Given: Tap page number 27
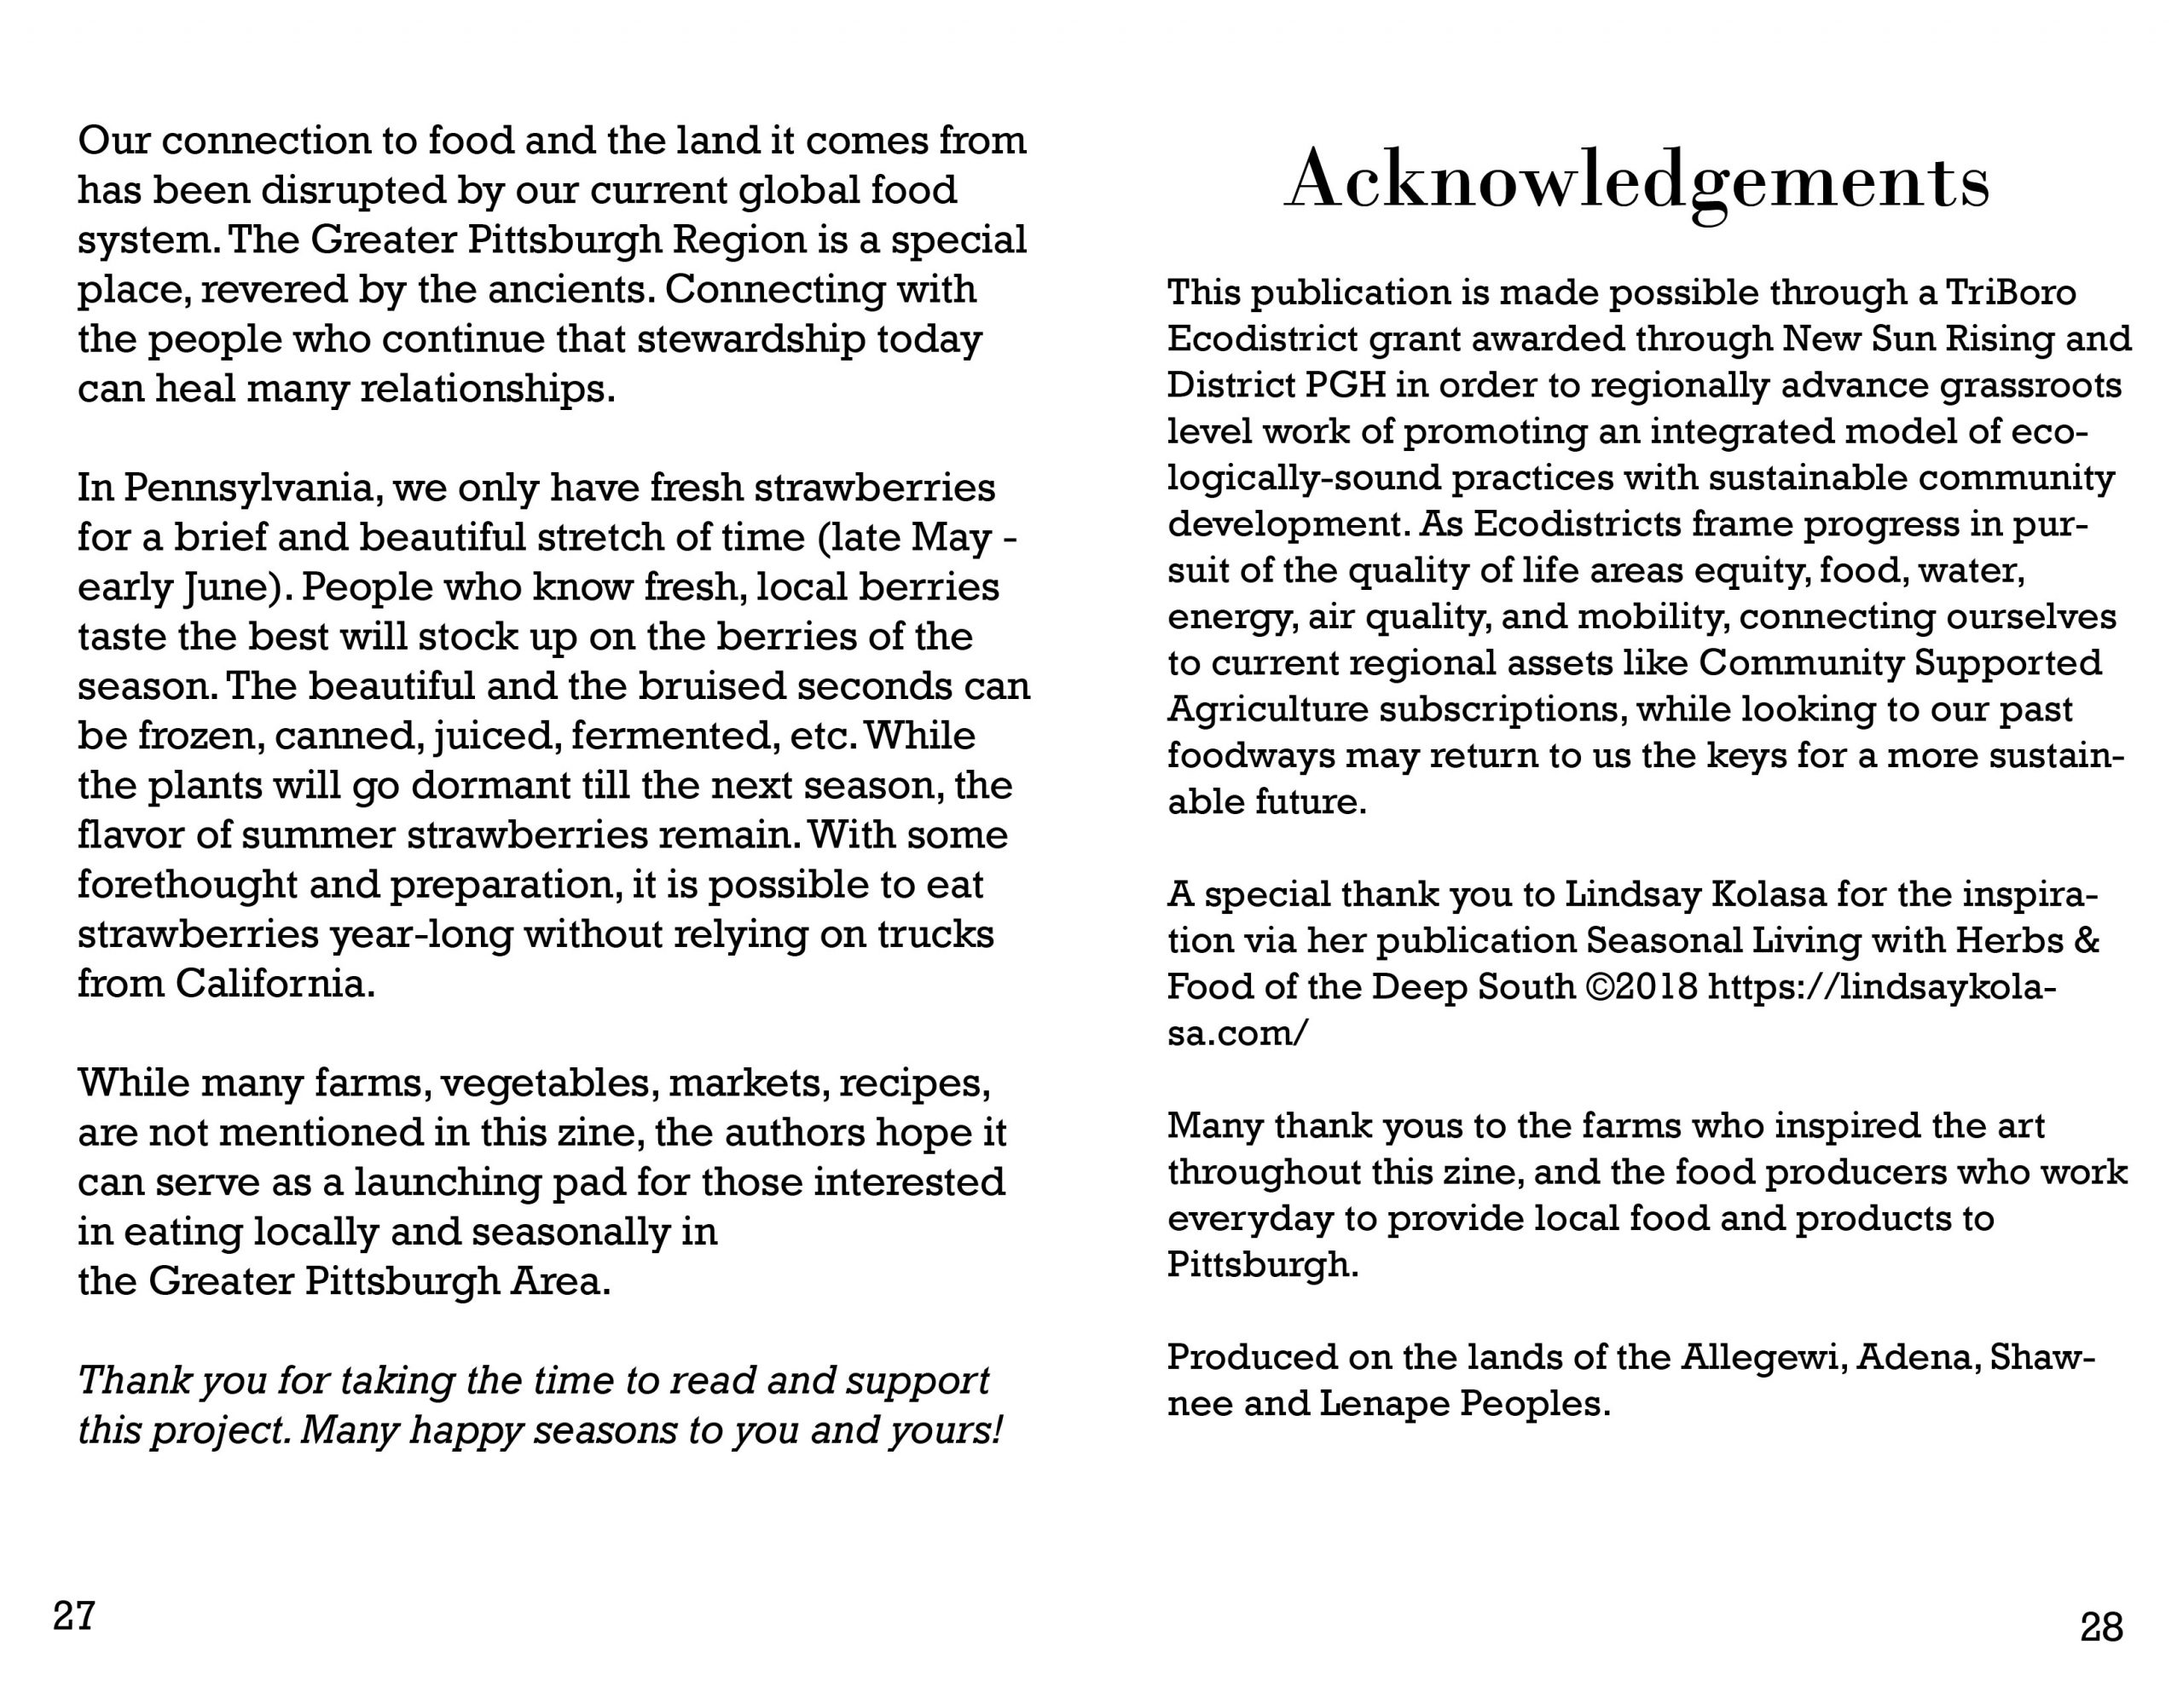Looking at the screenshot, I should tap(74, 1615).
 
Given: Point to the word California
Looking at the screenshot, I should tap(275, 985).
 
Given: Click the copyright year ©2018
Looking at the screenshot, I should tap(1642, 987).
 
